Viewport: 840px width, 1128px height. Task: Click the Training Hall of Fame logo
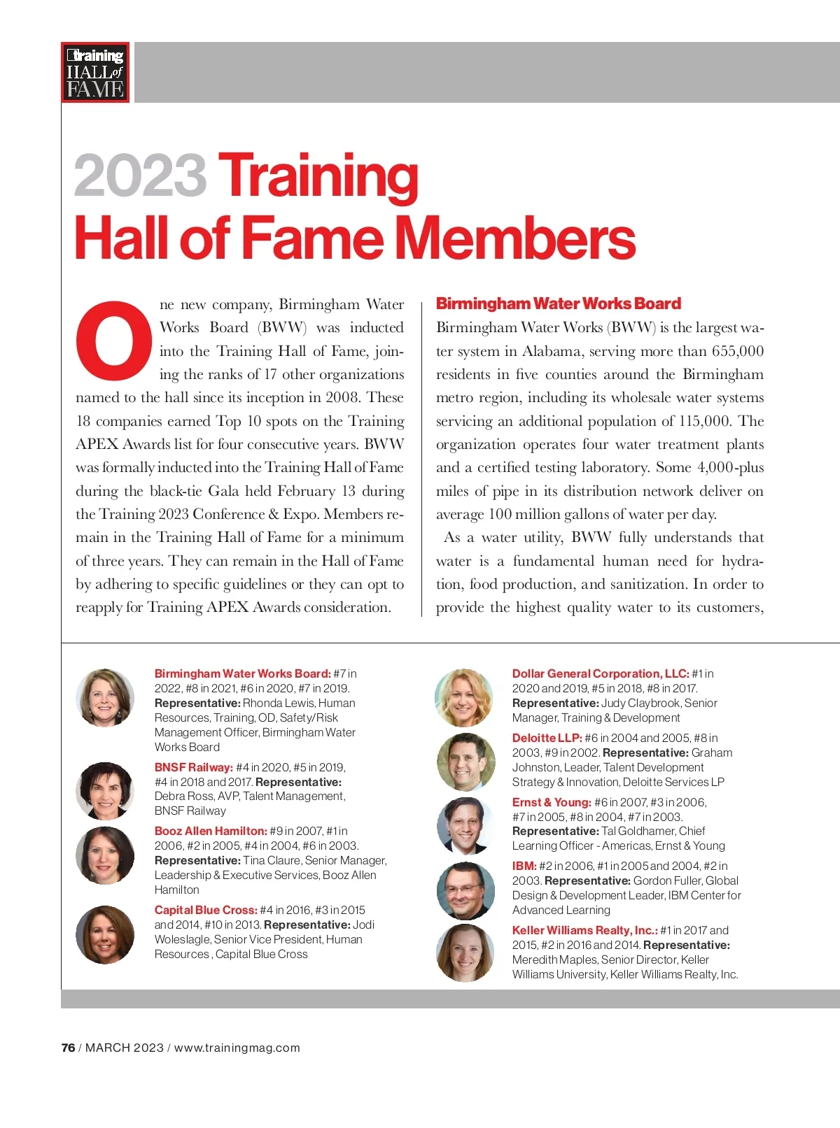(95, 72)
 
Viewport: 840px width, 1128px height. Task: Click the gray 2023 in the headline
(140, 176)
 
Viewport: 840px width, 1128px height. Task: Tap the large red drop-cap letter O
(113, 341)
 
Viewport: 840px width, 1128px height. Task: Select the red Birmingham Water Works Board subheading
(558, 304)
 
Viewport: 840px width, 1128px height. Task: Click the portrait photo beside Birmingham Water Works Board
(105, 697)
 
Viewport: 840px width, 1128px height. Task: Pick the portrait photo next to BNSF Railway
(105, 790)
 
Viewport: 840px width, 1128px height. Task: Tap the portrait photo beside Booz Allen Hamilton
(105, 855)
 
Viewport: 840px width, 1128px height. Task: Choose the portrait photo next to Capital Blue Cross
(105, 934)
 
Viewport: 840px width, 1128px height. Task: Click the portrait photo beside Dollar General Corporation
(463, 697)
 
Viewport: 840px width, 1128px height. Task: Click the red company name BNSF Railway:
(193, 767)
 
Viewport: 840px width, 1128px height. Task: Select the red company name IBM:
(524, 866)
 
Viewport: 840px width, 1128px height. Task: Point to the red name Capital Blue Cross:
(206, 910)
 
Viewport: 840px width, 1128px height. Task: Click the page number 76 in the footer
(68, 1048)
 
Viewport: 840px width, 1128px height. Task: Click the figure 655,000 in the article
(737, 351)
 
